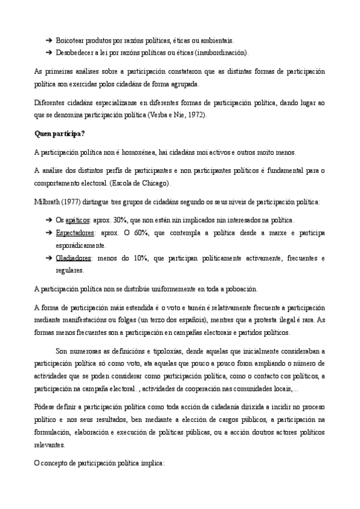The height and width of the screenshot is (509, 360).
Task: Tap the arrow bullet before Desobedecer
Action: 48,52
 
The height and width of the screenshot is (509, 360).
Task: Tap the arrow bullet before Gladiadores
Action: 48,258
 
